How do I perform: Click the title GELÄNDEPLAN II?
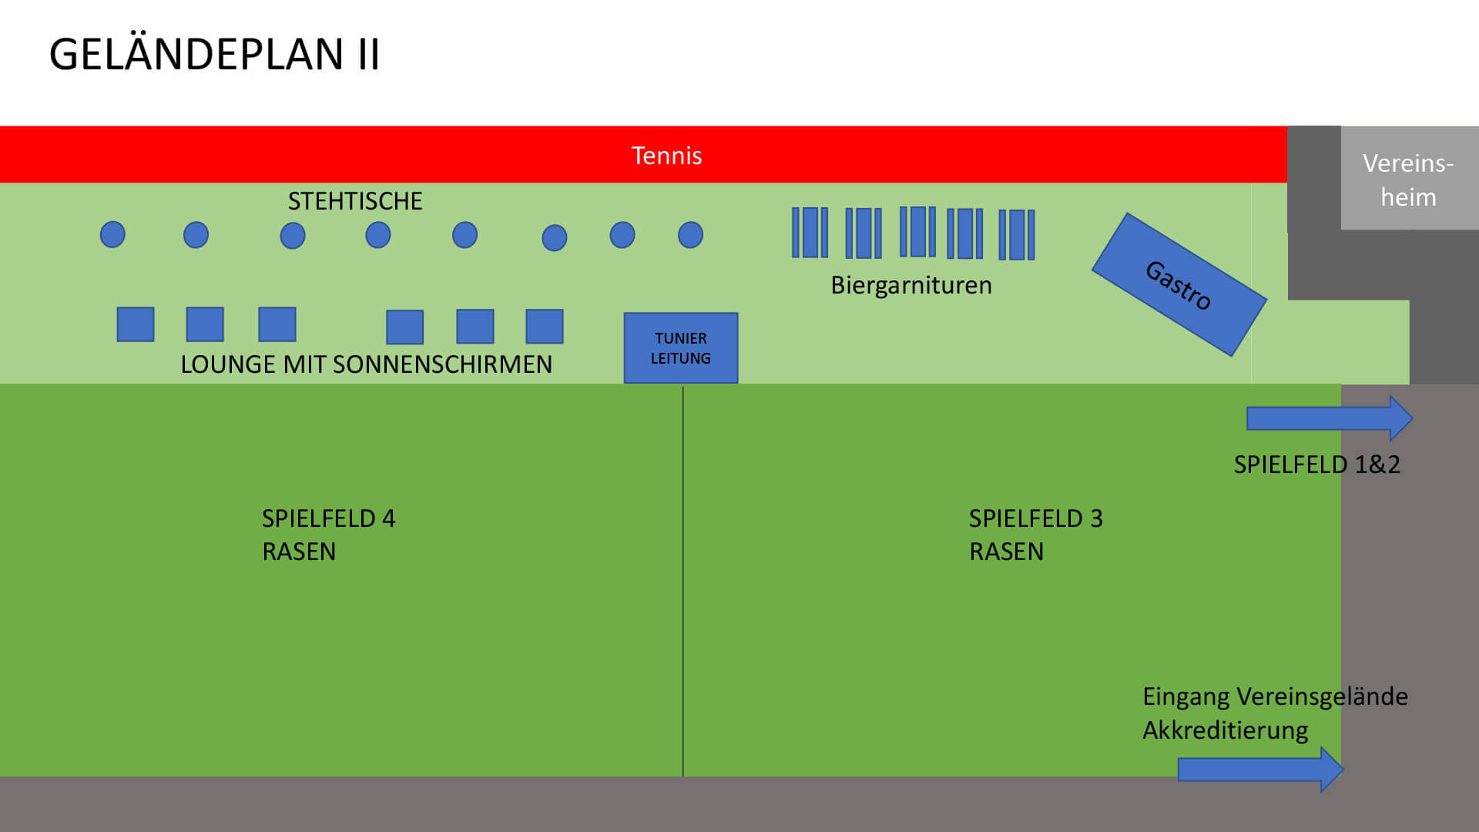[214, 55]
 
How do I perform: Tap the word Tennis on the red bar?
[666, 156]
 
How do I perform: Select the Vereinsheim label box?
[1408, 179]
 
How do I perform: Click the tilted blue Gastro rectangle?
[1179, 285]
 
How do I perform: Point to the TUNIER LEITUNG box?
[680, 348]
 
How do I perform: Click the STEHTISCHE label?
[355, 201]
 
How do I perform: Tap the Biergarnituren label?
[911, 286]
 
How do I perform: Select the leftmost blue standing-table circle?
[112, 234]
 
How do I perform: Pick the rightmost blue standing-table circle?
[690, 235]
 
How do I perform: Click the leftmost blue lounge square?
[136, 324]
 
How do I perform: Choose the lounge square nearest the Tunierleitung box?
[545, 327]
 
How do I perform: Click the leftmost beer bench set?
[810, 233]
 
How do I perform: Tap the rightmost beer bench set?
[1016, 235]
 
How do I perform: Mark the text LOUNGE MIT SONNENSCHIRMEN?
[366, 364]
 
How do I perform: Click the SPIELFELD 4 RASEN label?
[328, 535]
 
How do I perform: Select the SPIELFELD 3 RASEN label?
[1035, 535]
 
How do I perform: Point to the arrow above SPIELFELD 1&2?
[1329, 418]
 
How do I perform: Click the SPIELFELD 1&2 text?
[1316, 465]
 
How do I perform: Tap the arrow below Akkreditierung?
[1260, 769]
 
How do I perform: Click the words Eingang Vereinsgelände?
[1275, 696]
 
